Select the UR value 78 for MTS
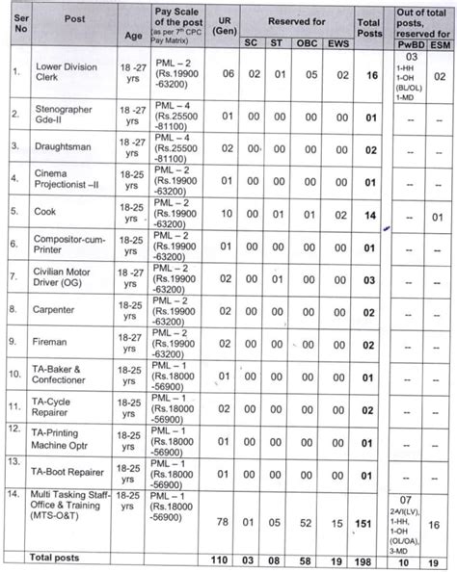pos(224,522)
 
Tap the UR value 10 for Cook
pos(224,212)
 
